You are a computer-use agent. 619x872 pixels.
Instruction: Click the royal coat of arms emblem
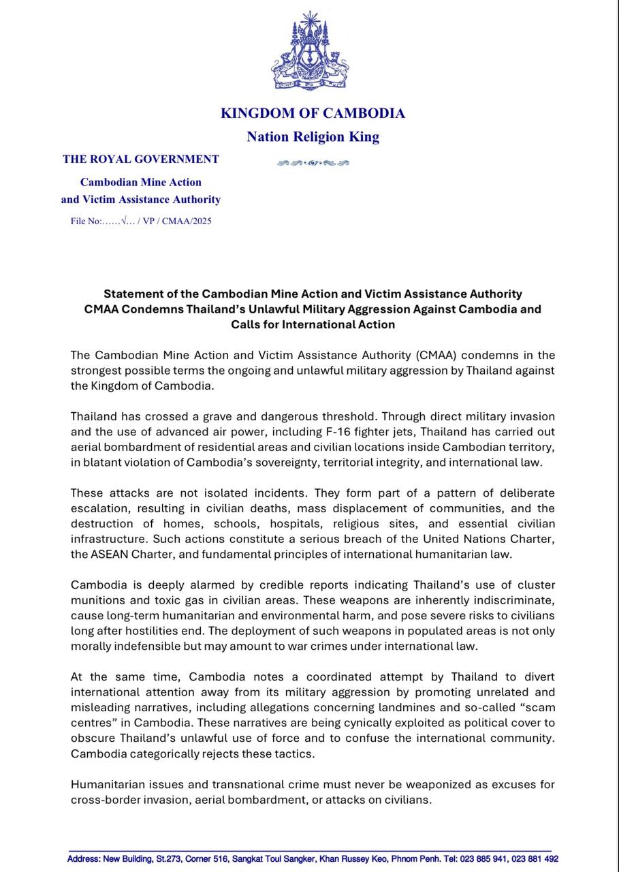(x=311, y=51)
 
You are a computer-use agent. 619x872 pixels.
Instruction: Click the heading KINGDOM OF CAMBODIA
(x=313, y=113)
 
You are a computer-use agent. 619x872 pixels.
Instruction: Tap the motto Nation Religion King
(x=313, y=137)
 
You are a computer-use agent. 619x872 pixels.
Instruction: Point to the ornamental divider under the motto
(x=313, y=163)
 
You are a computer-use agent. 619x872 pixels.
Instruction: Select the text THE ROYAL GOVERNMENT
(x=141, y=159)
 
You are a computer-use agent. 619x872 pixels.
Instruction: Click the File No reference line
(x=141, y=221)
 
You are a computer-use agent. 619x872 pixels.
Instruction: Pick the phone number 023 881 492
(x=534, y=860)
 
